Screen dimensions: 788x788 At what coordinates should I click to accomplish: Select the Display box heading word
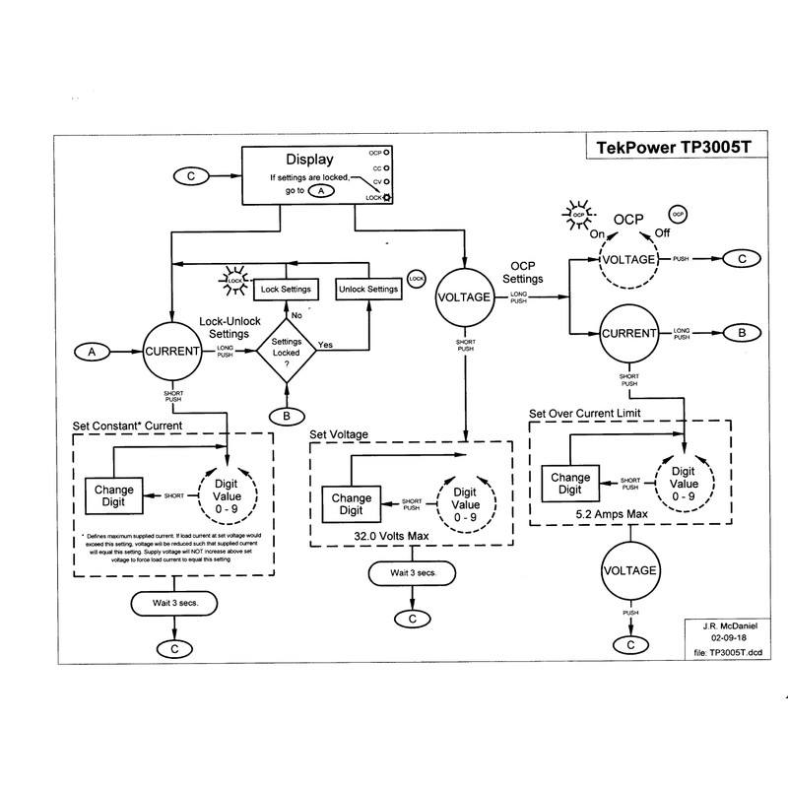(310, 159)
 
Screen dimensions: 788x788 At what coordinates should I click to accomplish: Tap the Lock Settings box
(285, 290)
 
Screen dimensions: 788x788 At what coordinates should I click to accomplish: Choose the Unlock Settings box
(367, 290)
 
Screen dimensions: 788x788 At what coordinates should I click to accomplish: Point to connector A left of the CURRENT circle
(92, 351)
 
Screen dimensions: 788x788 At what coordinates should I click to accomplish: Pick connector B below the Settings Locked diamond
(286, 416)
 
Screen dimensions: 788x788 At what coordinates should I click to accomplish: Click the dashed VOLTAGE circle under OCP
(628, 260)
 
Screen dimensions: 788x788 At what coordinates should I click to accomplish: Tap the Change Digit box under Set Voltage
(352, 504)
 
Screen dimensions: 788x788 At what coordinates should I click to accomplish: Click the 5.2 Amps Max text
(615, 514)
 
